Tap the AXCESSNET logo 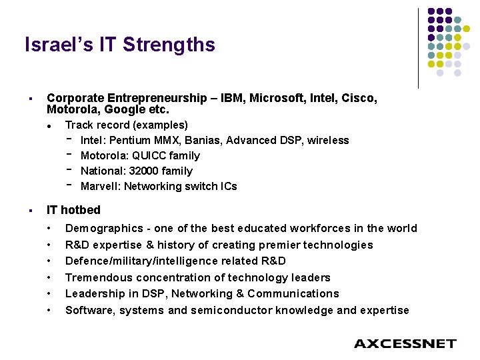coord(405,344)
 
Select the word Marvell coord(101,186)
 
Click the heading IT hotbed coord(73,210)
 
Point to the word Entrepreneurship coord(141,98)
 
